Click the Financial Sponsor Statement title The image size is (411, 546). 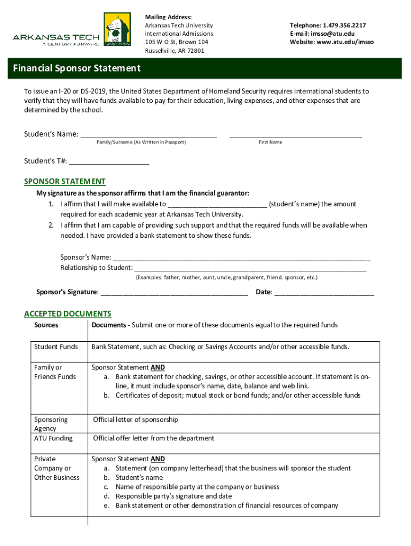[x=77, y=68]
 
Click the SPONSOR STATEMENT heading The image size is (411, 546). [x=65, y=181]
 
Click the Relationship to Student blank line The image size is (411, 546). [x=250, y=268]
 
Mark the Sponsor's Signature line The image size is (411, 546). [x=174, y=293]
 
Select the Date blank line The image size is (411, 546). [x=323, y=293]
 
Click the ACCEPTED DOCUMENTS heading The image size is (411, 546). [x=68, y=314]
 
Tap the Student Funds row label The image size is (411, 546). [x=56, y=347]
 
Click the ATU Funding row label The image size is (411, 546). [x=53, y=438]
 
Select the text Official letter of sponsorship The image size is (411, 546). [x=136, y=420]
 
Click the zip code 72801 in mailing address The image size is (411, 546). [x=195, y=51]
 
